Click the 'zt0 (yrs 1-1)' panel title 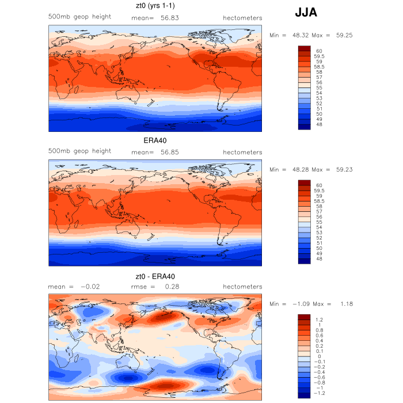[155, 6]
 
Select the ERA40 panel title [155, 140]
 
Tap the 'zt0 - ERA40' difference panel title [155, 276]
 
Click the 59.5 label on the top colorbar [319, 56]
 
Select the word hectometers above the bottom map [242, 286]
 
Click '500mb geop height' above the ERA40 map [79, 151]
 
